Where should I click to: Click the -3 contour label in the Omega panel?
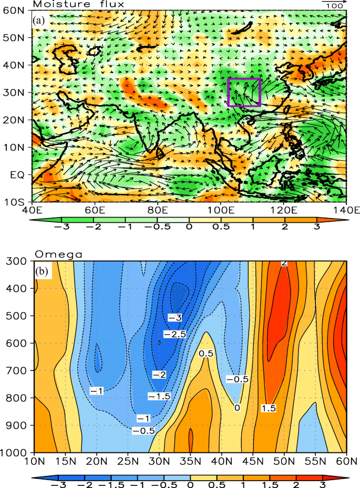pos(174,317)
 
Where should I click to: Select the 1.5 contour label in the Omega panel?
pos(268,408)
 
